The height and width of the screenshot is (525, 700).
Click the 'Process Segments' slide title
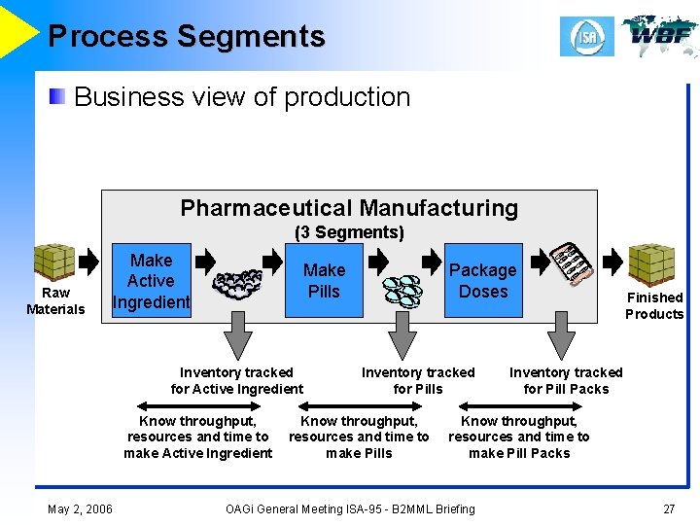pos(186,37)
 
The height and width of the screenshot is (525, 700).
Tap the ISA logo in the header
pos(586,37)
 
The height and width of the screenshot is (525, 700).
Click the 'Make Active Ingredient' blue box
pos(151,281)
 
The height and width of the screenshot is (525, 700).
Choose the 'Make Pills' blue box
pos(324,281)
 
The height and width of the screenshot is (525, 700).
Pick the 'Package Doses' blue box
pos(483,281)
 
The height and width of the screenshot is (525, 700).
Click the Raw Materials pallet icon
pos(54,262)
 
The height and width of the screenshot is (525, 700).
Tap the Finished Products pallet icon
pos(650,262)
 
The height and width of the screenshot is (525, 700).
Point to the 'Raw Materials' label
pos(55,301)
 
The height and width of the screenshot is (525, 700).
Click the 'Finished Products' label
pos(654,305)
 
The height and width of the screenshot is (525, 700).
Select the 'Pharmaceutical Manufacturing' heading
pos(349,208)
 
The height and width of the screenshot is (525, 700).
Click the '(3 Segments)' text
pos(349,232)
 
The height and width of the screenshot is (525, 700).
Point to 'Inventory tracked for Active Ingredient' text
pos(236,380)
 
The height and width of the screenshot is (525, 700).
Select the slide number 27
pos(668,508)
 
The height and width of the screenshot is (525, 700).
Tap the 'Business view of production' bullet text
pos(242,97)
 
